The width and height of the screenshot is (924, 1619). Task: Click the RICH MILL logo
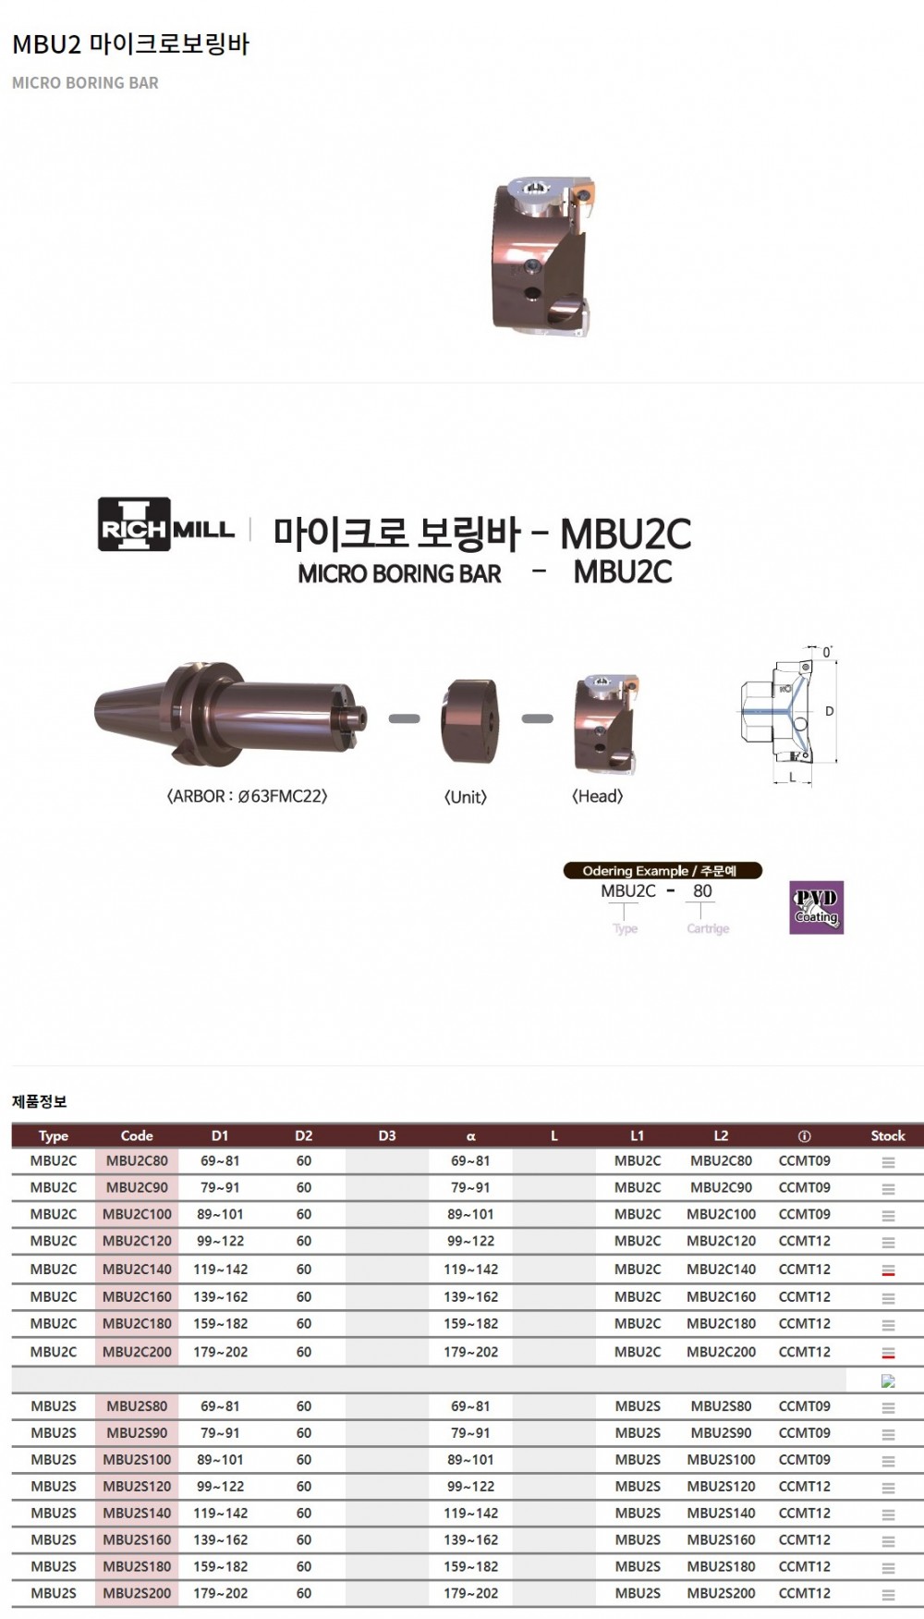tap(166, 524)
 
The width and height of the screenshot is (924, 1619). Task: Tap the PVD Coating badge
tap(816, 907)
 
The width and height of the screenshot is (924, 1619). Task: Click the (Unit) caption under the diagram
tap(466, 797)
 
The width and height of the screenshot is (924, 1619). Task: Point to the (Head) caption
tap(598, 796)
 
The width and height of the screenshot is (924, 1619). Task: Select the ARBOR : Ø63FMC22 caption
tap(247, 796)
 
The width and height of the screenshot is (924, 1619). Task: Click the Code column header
tap(137, 1135)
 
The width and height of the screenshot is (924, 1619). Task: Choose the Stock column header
tap(888, 1135)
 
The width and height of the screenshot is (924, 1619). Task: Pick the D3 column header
tap(387, 1135)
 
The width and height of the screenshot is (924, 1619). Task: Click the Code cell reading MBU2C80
tap(137, 1160)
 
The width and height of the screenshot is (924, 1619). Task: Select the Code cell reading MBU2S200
tap(137, 1593)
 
